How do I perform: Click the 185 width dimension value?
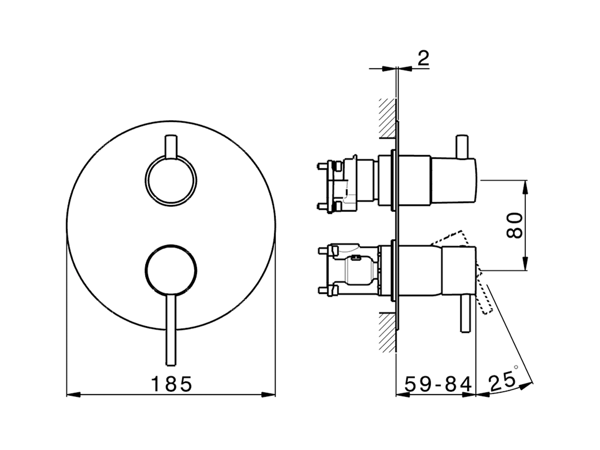[172, 384]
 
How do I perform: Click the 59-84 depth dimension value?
[437, 384]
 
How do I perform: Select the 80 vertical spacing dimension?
[515, 225]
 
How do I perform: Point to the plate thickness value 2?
[423, 59]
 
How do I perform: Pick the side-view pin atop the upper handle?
[463, 147]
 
